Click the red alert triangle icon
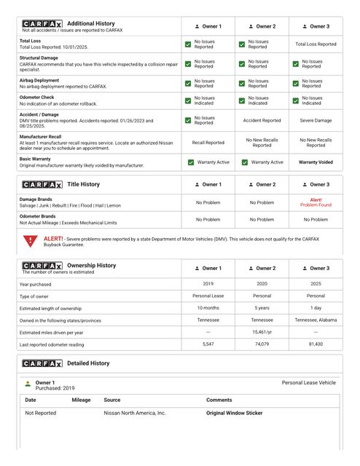(29, 241)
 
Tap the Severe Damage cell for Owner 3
(316, 120)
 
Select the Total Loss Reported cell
(316, 44)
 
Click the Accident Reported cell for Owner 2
(262, 120)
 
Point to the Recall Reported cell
(208, 143)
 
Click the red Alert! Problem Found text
(316, 202)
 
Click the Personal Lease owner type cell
(208, 296)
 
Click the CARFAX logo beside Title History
(42, 185)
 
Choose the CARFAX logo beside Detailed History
(42, 363)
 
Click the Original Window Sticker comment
(234, 413)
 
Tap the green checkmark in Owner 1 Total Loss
(188, 44)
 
